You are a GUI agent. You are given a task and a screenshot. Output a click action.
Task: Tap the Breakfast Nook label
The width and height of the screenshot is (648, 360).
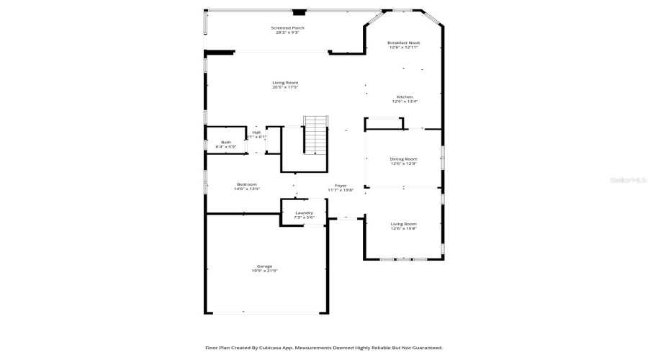point(403,42)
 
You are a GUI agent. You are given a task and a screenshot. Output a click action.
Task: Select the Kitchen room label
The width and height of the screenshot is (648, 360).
point(405,97)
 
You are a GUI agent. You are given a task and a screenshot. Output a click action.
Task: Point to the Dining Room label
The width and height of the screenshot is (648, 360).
point(403,158)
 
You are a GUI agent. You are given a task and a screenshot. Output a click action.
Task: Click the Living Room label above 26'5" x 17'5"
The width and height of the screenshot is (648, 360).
point(285,83)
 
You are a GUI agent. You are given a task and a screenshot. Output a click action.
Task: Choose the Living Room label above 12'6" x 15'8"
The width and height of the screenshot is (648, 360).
point(403,224)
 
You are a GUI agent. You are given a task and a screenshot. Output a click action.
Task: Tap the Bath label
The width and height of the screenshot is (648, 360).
point(226,142)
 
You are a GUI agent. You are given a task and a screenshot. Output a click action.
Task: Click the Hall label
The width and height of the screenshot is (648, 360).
point(256,132)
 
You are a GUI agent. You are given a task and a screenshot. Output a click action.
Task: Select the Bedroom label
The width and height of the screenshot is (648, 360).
point(246,184)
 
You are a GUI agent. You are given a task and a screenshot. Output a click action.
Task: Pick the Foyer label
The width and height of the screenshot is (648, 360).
point(341,186)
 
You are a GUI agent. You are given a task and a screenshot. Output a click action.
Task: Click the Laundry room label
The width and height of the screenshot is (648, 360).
point(304,212)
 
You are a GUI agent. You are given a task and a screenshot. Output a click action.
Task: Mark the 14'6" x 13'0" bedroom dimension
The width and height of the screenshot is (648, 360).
point(246,189)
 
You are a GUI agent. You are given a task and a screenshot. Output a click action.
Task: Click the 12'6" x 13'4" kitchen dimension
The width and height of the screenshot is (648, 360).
point(405,102)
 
